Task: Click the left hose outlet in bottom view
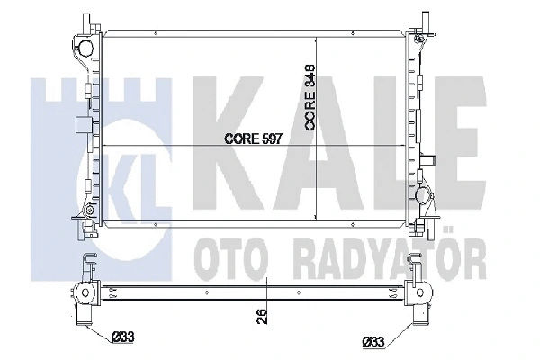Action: coord(85,293)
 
